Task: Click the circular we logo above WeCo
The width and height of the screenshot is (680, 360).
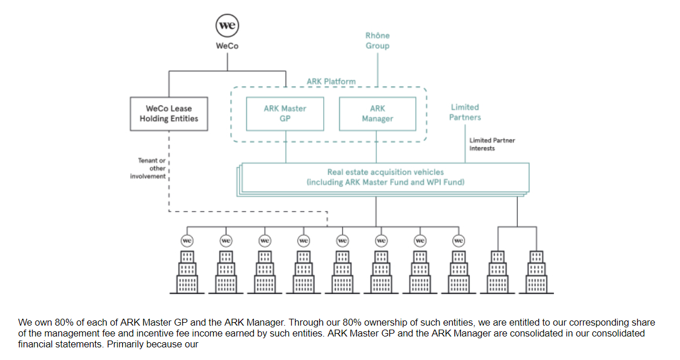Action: (227, 26)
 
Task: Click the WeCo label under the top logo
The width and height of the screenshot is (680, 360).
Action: (227, 46)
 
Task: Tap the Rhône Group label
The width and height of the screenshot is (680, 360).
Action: (378, 41)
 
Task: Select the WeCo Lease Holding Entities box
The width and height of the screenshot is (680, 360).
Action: (168, 114)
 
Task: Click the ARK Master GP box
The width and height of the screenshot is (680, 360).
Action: (285, 114)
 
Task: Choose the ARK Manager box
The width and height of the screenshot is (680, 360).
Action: (378, 114)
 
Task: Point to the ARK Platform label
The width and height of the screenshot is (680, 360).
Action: (331, 81)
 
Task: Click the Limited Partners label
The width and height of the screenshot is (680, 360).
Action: (465, 112)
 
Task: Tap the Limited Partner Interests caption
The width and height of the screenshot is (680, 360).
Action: (492, 144)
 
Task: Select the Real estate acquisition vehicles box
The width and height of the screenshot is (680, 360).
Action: (385, 177)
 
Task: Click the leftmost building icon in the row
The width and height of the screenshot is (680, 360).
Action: (187, 272)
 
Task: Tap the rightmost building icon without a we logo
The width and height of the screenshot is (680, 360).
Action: (537, 272)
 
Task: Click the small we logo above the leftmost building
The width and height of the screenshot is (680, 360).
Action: (187, 241)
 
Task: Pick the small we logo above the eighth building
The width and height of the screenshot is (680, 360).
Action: (458, 241)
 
